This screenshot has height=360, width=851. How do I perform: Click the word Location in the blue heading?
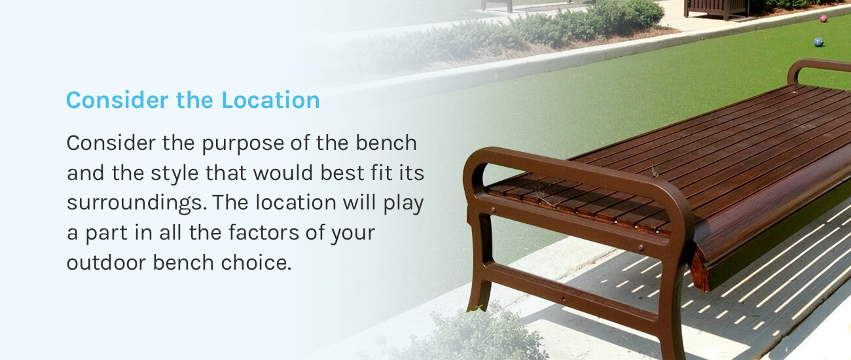tap(270, 100)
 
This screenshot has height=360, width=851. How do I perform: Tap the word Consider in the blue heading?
tap(117, 100)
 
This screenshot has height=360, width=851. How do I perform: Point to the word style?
tap(174, 173)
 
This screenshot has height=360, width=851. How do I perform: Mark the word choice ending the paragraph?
tap(256, 262)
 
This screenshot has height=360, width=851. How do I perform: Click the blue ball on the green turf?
tap(818, 42)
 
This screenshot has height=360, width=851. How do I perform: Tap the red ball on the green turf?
tap(824, 18)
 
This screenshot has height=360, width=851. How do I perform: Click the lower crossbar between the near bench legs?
tap(570, 292)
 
